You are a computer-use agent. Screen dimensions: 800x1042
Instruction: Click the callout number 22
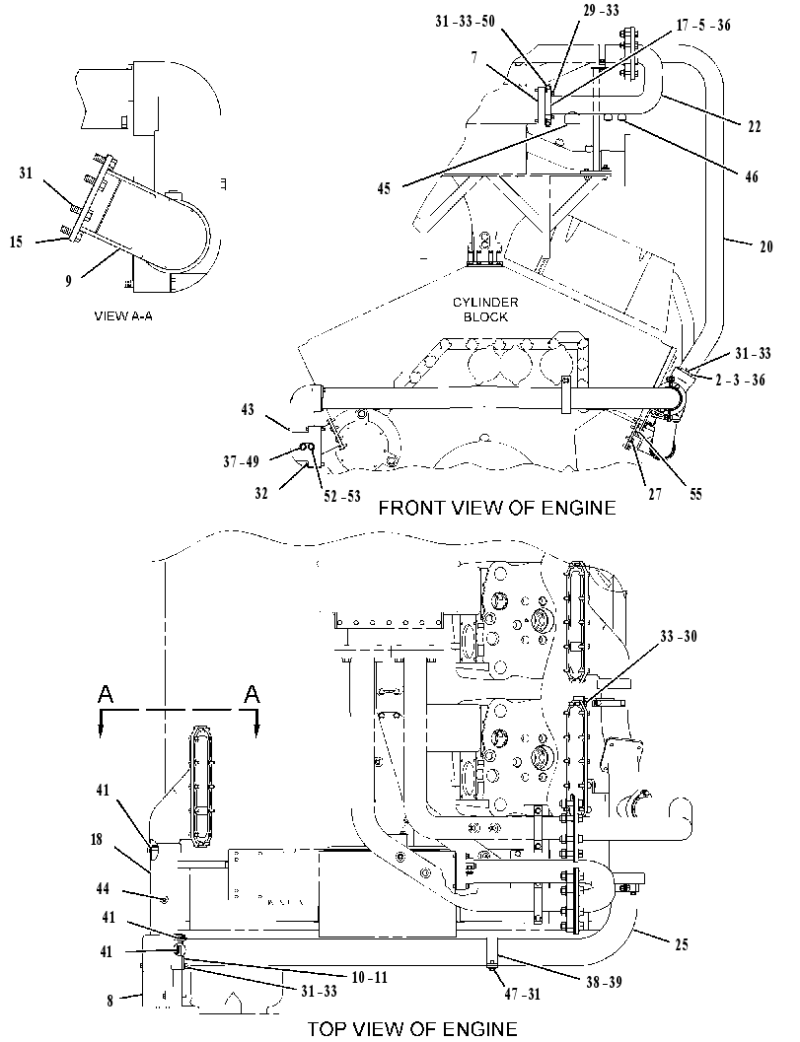[754, 126]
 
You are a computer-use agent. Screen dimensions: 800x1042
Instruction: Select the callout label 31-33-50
[465, 22]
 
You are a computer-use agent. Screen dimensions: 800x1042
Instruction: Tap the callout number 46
[752, 176]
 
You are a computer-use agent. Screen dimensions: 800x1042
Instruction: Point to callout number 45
[384, 188]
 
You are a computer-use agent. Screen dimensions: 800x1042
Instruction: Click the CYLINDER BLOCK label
[485, 310]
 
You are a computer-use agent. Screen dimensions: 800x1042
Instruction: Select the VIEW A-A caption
[123, 316]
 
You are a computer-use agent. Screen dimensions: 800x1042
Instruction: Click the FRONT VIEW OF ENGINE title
[497, 508]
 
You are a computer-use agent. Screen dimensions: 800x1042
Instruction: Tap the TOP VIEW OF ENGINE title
[412, 1029]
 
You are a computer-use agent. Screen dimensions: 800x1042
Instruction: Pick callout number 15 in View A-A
[16, 242]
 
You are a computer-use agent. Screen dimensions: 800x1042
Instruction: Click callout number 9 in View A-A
[68, 281]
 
